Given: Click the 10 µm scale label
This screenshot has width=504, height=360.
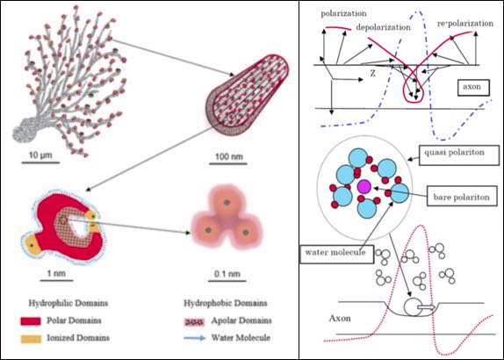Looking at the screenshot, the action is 40,155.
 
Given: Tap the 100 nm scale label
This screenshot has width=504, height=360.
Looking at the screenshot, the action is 229,157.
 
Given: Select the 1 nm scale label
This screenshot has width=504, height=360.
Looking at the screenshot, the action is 56,274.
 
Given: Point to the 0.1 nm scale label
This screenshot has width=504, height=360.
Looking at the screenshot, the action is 227,274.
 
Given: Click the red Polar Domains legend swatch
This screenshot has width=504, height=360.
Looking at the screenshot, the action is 31,321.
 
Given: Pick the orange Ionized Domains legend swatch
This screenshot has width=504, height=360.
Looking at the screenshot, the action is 31,339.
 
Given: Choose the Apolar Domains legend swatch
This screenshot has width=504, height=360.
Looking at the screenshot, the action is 194,321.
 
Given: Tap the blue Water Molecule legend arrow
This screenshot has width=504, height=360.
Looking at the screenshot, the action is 194,338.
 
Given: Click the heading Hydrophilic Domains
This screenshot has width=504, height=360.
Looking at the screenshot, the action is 68,303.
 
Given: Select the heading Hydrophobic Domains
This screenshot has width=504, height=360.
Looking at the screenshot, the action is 225,303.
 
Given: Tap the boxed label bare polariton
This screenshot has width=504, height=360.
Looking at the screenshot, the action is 462,197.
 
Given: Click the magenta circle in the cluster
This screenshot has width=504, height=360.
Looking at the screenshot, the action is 364,187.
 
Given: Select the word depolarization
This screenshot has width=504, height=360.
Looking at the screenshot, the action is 383,27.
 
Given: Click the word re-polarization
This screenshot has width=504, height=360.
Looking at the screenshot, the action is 465,24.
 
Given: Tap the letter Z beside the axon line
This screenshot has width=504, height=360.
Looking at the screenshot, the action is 372,74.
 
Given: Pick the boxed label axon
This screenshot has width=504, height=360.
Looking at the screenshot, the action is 473,87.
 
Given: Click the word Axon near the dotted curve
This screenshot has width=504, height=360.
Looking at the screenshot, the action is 340,319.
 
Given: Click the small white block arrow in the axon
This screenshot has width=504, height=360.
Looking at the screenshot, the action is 427,307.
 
